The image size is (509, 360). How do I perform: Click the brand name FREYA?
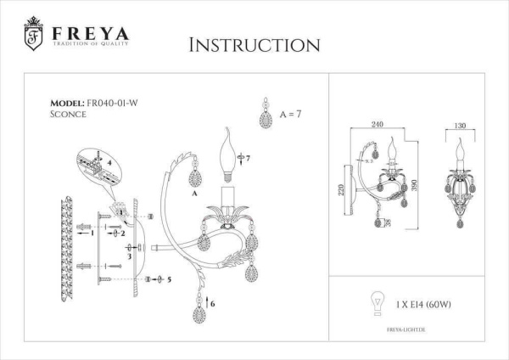tap(89, 34)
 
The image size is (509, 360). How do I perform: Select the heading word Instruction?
tap(254, 44)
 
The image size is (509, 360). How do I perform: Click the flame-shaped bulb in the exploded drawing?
tap(227, 153)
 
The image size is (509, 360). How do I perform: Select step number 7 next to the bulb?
tap(249, 159)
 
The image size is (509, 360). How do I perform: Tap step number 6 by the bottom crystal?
tap(212, 303)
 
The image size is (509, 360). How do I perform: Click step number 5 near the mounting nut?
tap(170, 278)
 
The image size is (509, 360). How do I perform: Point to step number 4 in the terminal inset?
tap(109, 160)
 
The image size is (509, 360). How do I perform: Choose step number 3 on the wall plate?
tap(128, 255)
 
